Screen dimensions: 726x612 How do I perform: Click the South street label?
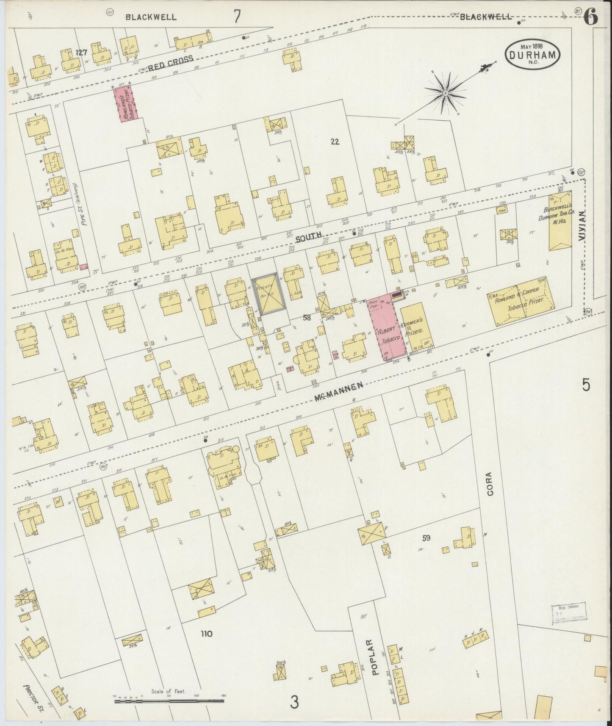pyautogui.click(x=309, y=238)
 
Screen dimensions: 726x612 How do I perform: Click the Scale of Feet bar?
pyautogui.click(x=169, y=701)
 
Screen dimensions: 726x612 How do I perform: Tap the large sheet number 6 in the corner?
pyautogui.click(x=590, y=17)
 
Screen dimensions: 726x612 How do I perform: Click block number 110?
pyautogui.click(x=206, y=634)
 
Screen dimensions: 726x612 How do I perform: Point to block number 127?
pyautogui.click(x=81, y=53)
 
